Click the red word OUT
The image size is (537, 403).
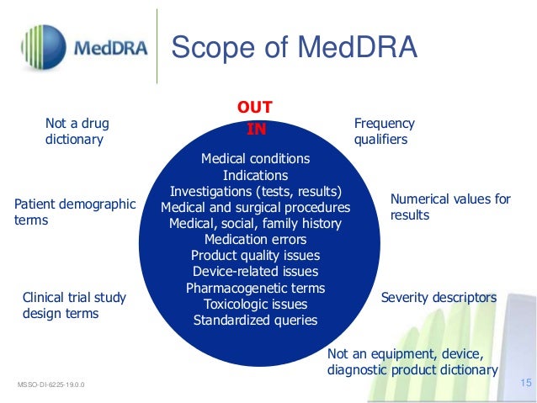pyautogui.click(x=254, y=109)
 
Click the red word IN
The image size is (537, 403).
pyautogui.click(x=255, y=130)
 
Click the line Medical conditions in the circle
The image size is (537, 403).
pyautogui.click(x=255, y=159)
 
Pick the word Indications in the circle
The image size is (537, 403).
pyautogui.click(x=255, y=175)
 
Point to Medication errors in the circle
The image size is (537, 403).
pyautogui.click(x=255, y=239)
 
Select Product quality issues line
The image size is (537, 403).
pyautogui.click(x=255, y=256)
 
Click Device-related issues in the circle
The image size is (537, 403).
pyautogui.click(x=255, y=272)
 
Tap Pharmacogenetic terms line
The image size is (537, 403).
pyautogui.click(x=255, y=288)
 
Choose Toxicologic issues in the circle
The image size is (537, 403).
pyautogui.click(x=255, y=304)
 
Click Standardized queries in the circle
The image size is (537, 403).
pyautogui.click(x=255, y=321)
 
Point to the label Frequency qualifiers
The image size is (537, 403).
pyautogui.click(x=385, y=131)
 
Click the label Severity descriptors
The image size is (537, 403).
pyautogui.click(x=439, y=298)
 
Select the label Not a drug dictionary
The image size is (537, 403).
pyautogui.click(x=77, y=131)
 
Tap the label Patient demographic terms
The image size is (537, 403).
pyautogui.click(x=75, y=212)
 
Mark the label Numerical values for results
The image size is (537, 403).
pyautogui.click(x=450, y=207)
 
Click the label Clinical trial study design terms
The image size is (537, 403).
pyautogui.click(x=74, y=305)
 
